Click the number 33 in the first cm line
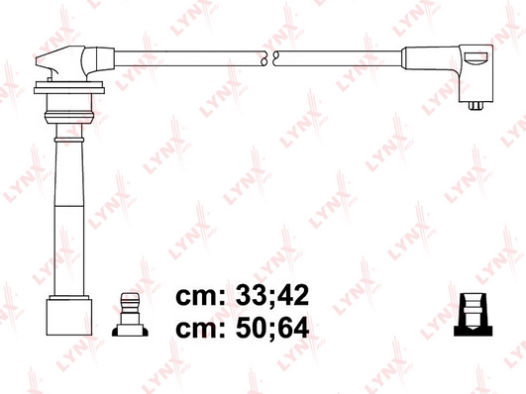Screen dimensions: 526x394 click(x=250, y=295)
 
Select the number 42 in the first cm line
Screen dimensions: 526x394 click(x=293, y=295)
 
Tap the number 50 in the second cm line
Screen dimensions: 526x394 click(x=250, y=328)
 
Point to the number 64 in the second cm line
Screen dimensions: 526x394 click(x=293, y=328)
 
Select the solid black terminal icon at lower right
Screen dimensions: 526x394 click(x=473, y=315)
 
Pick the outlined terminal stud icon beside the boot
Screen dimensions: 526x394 click(x=130, y=315)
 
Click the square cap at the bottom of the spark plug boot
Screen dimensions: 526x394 click(x=69, y=317)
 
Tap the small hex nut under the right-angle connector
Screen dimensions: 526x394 click(x=475, y=105)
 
